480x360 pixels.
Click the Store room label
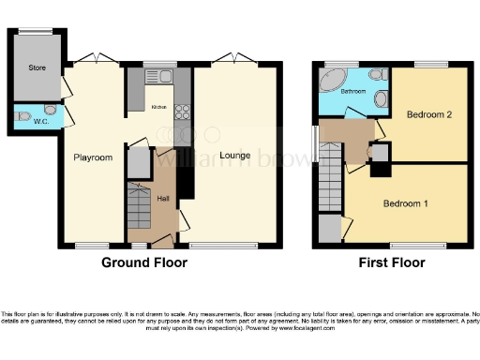pyautogui.click(x=37, y=67)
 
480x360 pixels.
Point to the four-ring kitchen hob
pyautogui.click(x=182, y=112)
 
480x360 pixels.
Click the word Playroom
pyautogui.click(x=94, y=157)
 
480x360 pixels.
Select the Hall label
pyautogui.click(x=163, y=198)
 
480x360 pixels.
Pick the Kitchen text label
pyautogui.click(x=158, y=108)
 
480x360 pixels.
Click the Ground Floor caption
pyautogui.click(x=142, y=263)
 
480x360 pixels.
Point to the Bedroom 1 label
pyautogui.click(x=405, y=202)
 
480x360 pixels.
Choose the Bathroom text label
pyautogui.click(x=352, y=92)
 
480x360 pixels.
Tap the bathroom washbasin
pyautogui.click(x=380, y=97)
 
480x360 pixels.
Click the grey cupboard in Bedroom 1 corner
pyautogui.click(x=330, y=228)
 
